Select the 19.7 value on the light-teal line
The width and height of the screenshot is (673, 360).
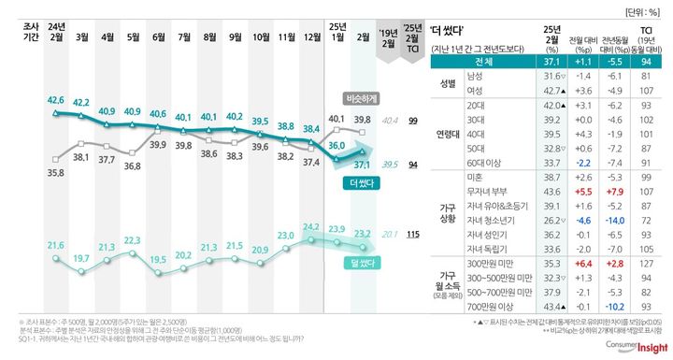[82, 258]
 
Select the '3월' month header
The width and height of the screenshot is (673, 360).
[82, 36]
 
